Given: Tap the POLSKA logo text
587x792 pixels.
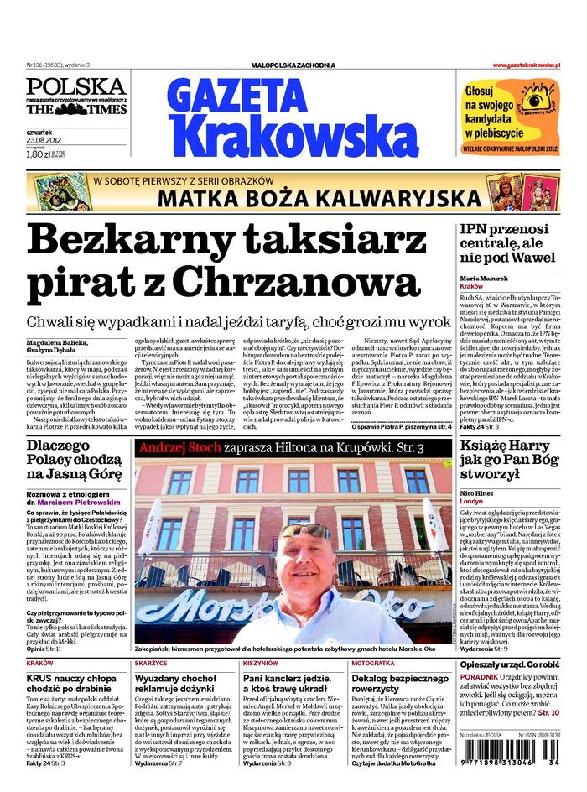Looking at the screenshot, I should tap(75, 86).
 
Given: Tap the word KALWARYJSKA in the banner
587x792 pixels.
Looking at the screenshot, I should tap(382, 198).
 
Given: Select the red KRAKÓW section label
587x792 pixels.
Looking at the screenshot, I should tap(40, 663).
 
